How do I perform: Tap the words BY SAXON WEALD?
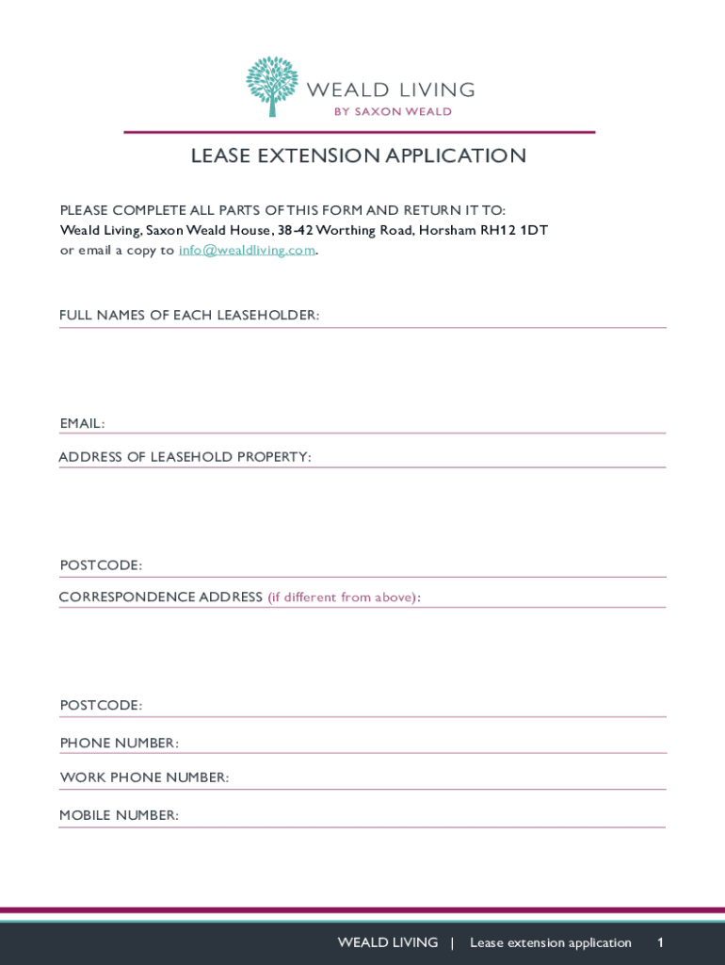[393, 111]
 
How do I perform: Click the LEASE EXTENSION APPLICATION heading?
[359, 156]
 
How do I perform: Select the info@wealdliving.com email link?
[247, 251]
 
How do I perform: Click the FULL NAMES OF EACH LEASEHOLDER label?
[189, 315]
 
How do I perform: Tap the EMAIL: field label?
[82, 424]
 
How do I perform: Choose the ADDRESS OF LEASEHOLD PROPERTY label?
[185, 457]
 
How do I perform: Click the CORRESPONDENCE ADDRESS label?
[161, 597]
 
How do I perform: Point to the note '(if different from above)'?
[344, 597]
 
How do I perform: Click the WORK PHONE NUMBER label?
[144, 777]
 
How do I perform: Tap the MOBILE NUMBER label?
[119, 815]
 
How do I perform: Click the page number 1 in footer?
[661, 942]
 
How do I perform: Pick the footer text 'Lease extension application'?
[551, 942]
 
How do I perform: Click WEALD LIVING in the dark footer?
[388, 942]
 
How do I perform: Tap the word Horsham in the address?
[447, 231]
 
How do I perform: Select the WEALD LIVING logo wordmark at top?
[391, 90]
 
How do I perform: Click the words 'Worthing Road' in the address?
[364, 231]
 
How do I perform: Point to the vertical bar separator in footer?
[453, 942]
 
